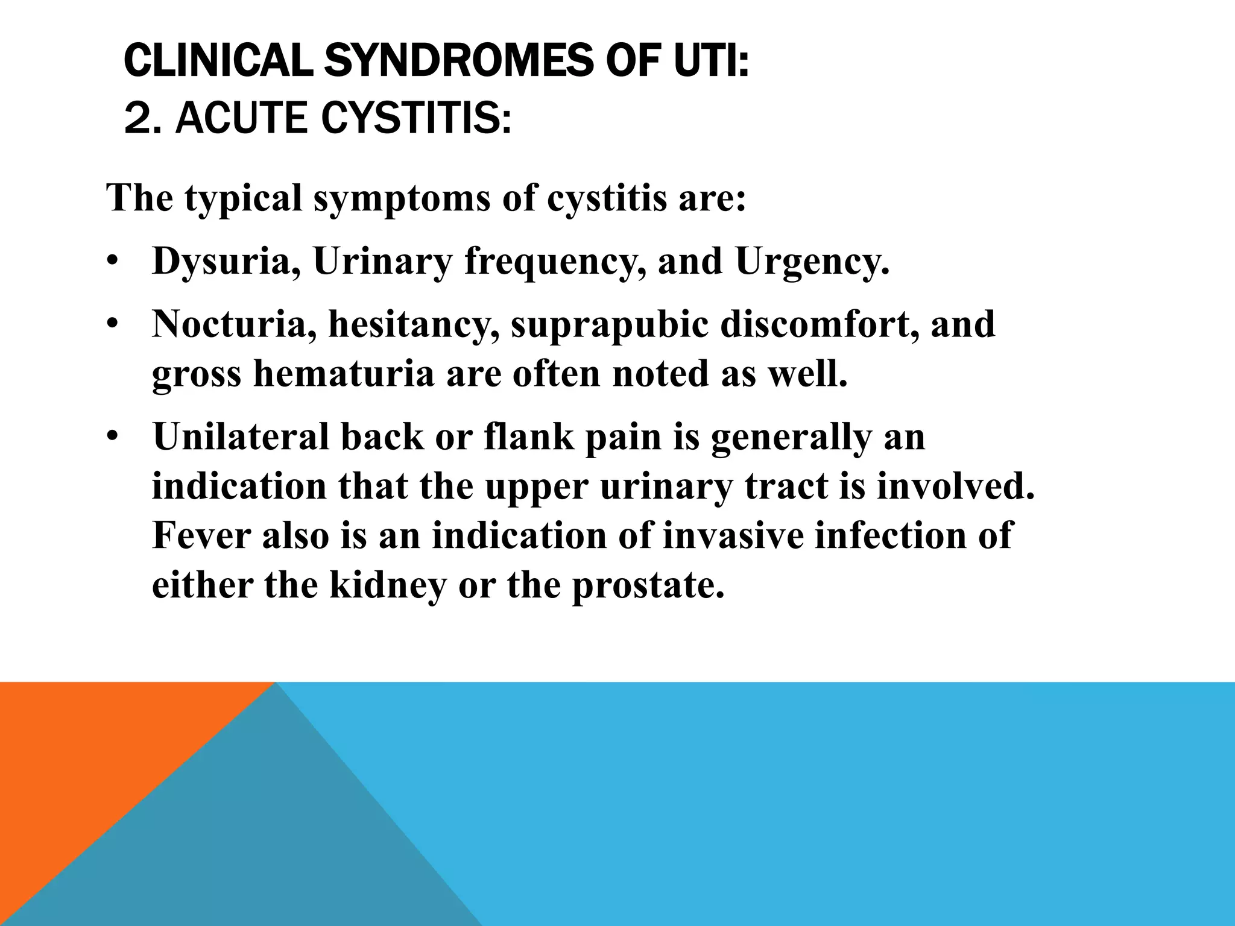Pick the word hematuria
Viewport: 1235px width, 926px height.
344,373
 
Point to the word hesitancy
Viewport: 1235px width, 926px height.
413,325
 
